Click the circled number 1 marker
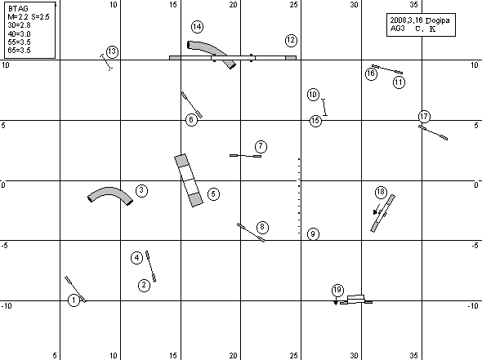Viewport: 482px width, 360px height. [x=74, y=300]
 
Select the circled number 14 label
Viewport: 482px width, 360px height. [x=197, y=27]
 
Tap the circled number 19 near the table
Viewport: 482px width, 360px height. [x=337, y=290]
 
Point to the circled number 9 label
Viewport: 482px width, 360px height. [x=313, y=233]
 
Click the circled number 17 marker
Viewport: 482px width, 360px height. [x=424, y=117]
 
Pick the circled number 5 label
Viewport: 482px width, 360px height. [x=214, y=193]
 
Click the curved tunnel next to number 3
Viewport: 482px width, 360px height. [x=109, y=193]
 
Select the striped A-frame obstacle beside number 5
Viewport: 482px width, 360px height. [x=189, y=180]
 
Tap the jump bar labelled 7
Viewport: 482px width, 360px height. [x=245, y=156]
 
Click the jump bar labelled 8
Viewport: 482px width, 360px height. [x=251, y=232]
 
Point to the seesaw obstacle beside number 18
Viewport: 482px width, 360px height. [x=382, y=213]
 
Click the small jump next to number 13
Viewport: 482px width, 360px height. [x=106, y=62]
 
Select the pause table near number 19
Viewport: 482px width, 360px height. [x=356, y=299]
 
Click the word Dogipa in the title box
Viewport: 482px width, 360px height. [x=438, y=21]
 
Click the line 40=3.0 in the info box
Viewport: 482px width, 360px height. [x=19, y=33]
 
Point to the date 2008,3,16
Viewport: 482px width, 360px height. [x=406, y=20]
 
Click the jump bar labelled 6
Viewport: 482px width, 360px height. [x=191, y=104]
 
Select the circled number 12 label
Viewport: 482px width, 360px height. [x=291, y=40]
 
